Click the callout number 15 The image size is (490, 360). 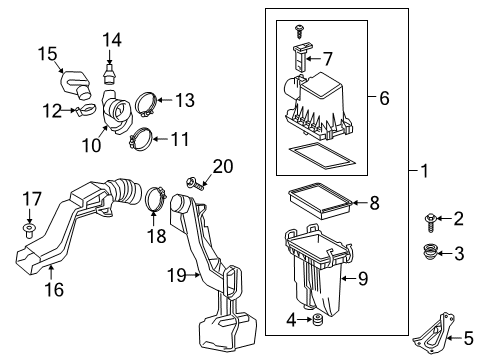click(x=48, y=54)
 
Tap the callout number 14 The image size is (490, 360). click(x=112, y=40)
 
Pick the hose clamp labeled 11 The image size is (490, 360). click(x=143, y=136)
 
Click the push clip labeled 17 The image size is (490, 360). click(x=28, y=234)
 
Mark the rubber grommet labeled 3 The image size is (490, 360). click(x=430, y=254)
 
